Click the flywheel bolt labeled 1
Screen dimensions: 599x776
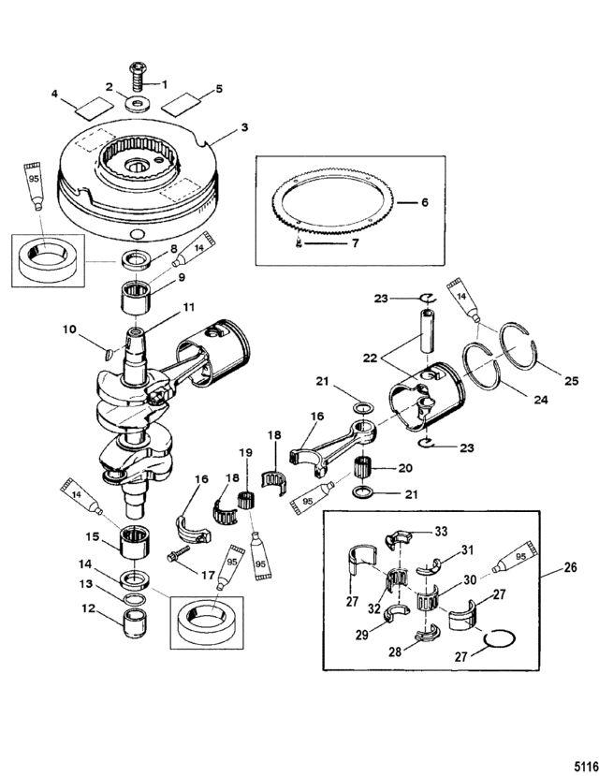pos(138,76)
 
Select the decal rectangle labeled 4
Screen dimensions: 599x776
pos(95,108)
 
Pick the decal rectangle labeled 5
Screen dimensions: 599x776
pos(182,105)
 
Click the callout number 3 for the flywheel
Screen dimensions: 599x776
pos(244,127)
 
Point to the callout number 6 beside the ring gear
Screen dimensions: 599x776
pos(424,202)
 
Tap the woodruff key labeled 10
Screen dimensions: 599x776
pos(110,352)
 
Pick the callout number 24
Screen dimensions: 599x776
pos(541,399)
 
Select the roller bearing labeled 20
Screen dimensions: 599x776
pos(364,468)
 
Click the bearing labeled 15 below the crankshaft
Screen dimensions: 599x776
pos(135,542)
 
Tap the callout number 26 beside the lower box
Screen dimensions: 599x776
pos(570,566)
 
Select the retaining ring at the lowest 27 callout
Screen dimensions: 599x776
pos(500,639)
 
